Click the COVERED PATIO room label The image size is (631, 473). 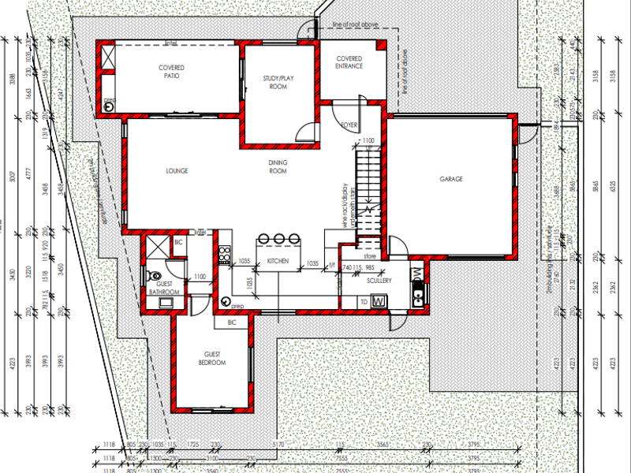[x=171, y=73]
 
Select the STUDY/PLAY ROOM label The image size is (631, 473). [x=275, y=82]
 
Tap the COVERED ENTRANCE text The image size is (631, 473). [x=349, y=62]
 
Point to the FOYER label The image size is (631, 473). [x=349, y=125]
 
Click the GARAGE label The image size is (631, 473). [x=450, y=179]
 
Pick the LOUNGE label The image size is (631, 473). [x=177, y=170]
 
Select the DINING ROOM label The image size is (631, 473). [x=278, y=166]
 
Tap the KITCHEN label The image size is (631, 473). [x=278, y=261]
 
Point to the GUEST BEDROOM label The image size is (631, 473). [x=212, y=359]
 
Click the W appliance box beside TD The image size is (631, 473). [x=378, y=301]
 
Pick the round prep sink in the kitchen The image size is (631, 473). [x=226, y=301]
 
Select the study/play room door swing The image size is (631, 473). [x=304, y=132]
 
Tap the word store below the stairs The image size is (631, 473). [x=370, y=255]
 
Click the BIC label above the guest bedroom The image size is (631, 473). [x=232, y=322]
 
